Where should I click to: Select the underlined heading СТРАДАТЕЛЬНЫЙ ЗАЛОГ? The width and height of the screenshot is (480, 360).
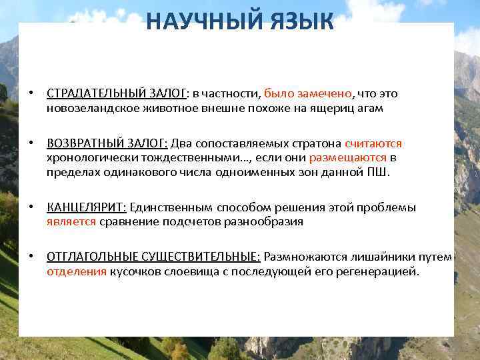click(x=117, y=94)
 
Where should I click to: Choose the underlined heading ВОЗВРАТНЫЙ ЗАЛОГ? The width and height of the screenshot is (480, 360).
click(x=107, y=144)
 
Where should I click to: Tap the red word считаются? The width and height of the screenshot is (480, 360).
click(x=373, y=144)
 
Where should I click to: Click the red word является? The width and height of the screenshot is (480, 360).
click(x=71, y=222)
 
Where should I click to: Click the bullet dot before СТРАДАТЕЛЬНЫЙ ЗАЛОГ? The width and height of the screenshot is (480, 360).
click(x=31, y=94)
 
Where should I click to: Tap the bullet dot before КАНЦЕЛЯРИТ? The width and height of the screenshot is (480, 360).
click(x=31, y=208)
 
